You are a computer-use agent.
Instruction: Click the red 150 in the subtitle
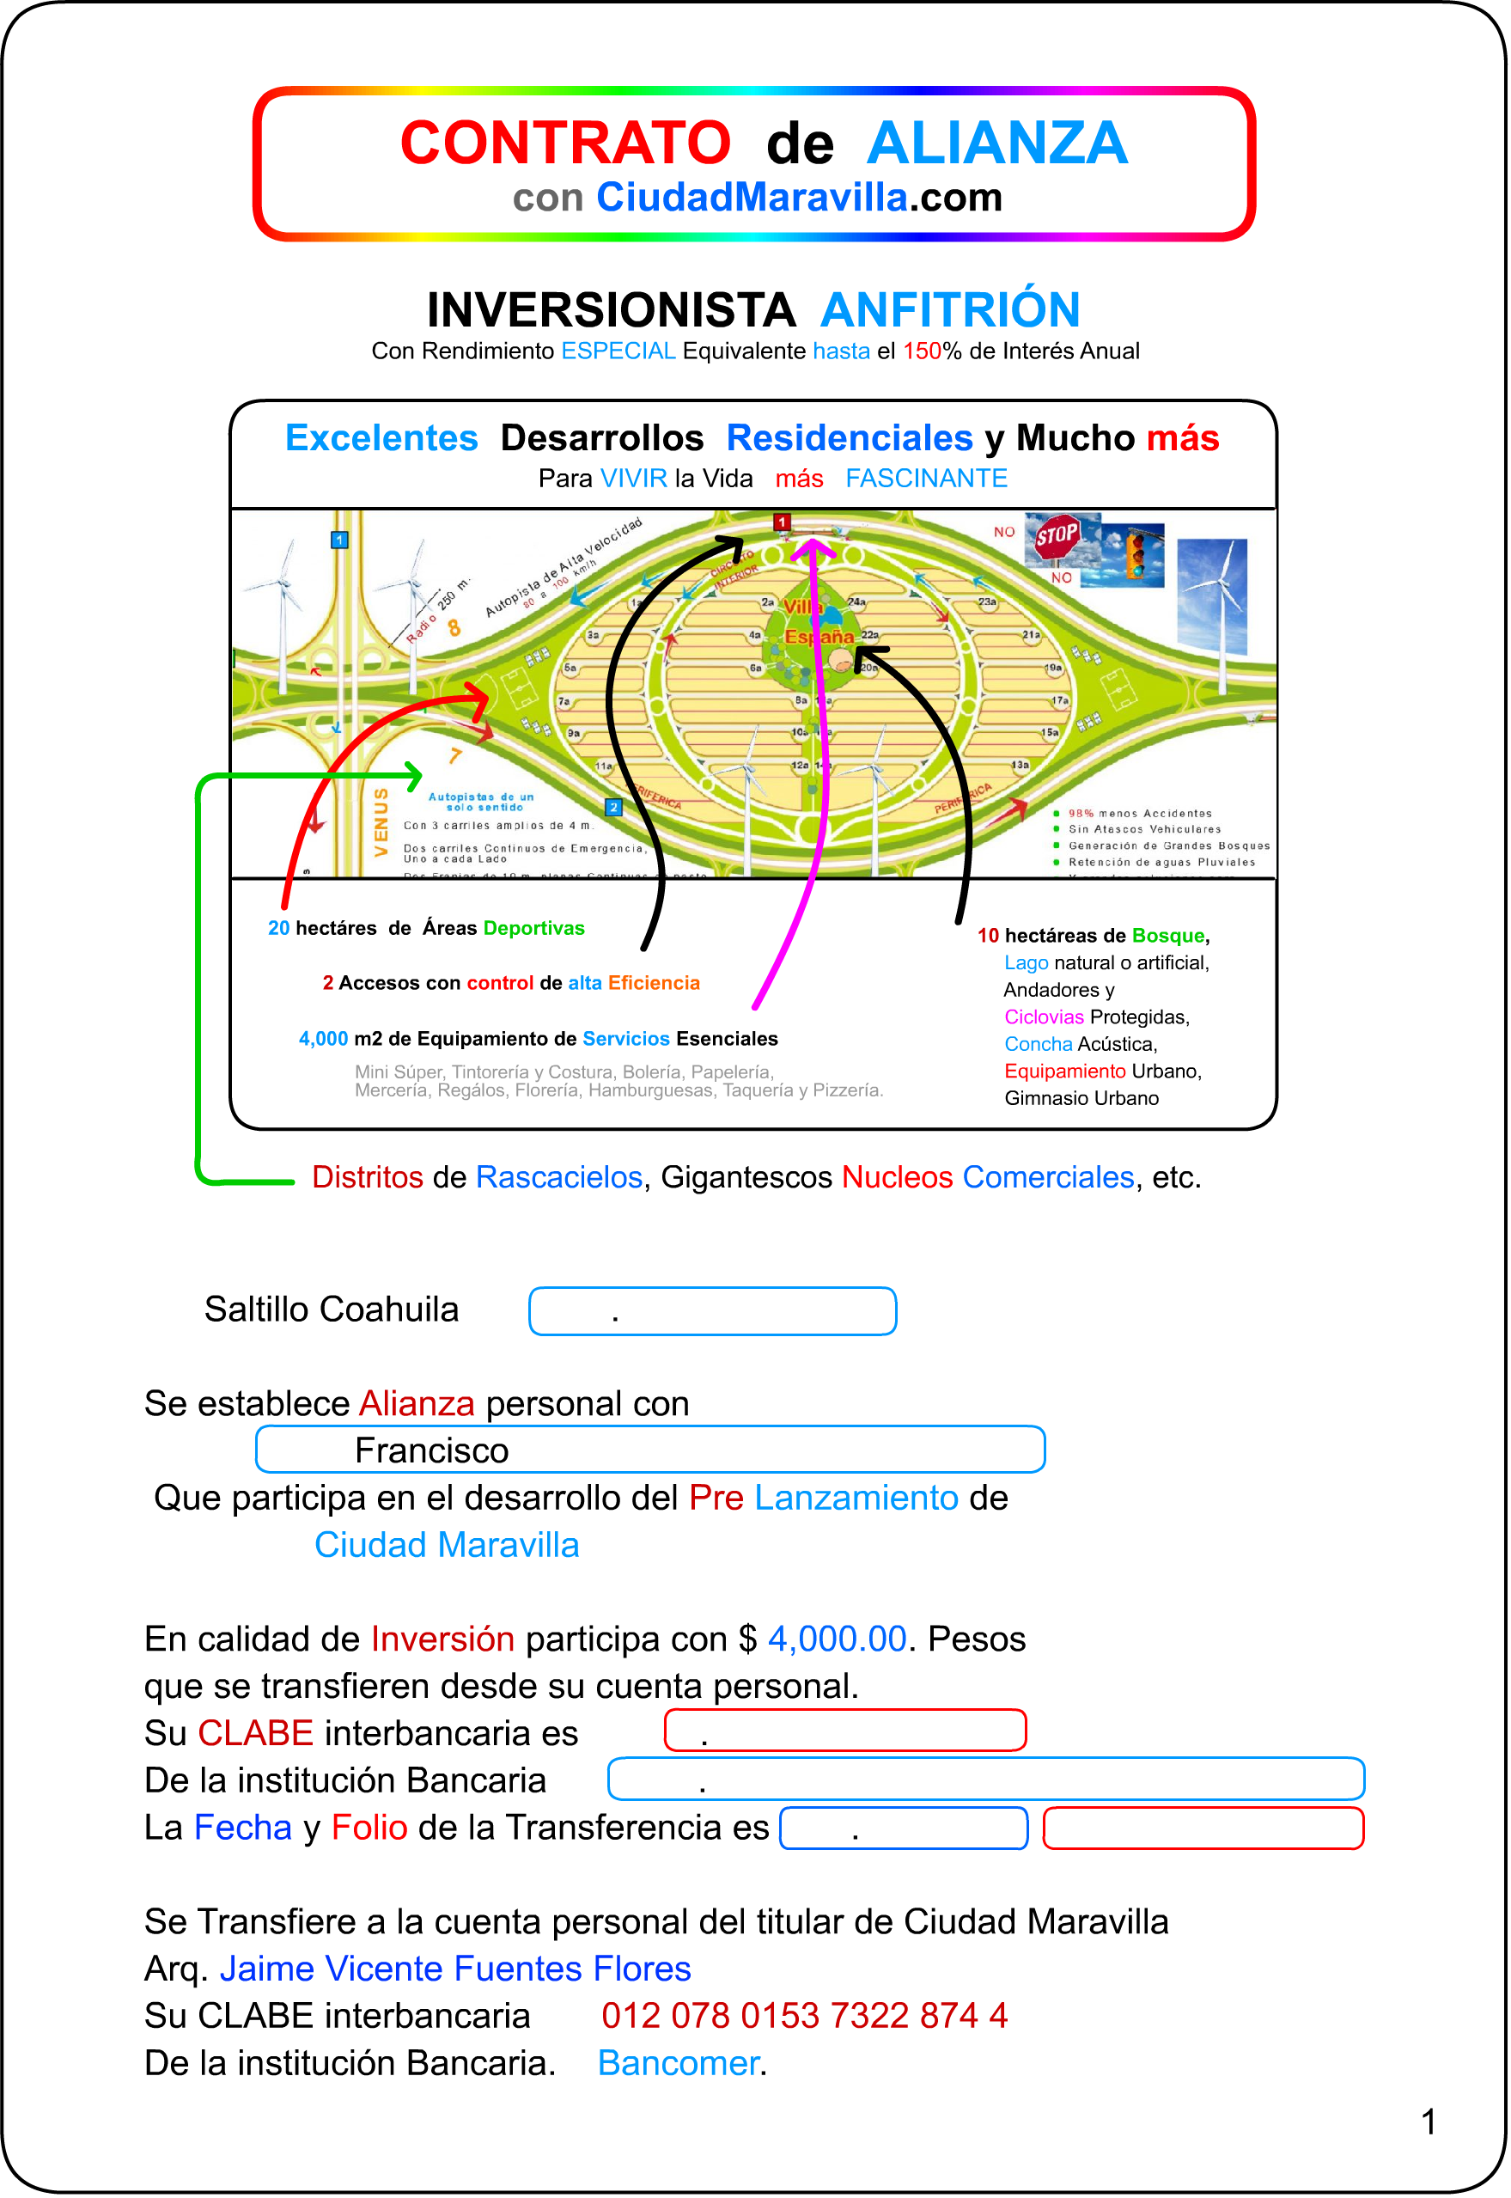point(921,351)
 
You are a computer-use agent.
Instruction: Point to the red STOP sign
point(1057,537)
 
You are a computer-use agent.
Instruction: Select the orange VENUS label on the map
point(381,822)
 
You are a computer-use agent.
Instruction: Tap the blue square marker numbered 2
point(613,807)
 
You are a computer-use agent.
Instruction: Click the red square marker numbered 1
point(782,522)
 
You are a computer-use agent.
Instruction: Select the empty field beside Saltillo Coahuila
point(712,1311)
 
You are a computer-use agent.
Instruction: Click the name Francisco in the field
point(432,1450)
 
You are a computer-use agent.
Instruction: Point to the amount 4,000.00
point(837,1639)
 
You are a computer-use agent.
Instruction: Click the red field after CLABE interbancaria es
point(845,1731)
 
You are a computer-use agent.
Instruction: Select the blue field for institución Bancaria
point(985,1780)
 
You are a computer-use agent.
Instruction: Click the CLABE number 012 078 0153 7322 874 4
point(805,2016)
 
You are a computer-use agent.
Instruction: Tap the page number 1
point(1429,2122)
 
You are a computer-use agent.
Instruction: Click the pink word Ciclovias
point(1044,1017)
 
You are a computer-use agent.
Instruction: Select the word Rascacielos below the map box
point(558,1177)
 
